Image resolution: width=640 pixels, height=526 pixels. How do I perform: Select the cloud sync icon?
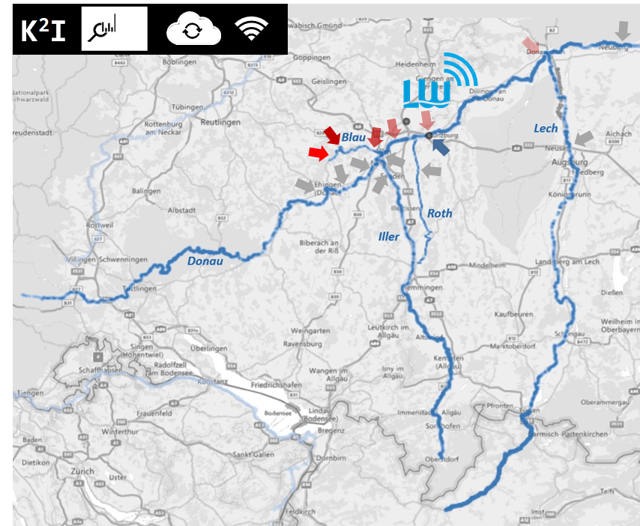[193, 30]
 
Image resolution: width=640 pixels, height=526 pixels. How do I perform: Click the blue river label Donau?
[201, 260]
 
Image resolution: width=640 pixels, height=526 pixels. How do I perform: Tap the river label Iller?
[389, 237]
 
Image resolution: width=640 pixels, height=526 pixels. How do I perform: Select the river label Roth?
[440, 214]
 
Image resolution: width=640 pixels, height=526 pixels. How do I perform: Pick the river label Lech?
[546, 129]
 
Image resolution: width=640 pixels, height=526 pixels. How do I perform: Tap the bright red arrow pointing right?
[319, 153]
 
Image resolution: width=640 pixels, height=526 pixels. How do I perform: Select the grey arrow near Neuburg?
[622, 31]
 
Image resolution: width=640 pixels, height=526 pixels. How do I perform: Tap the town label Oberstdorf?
[441, 459]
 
